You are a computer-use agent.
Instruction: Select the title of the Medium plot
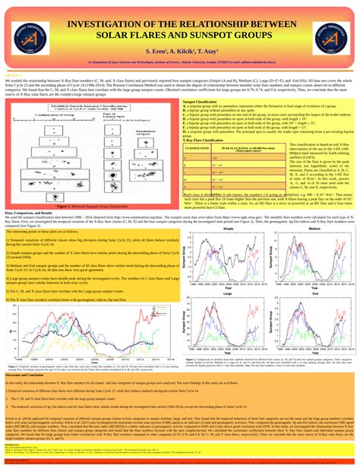tap(312, 207)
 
